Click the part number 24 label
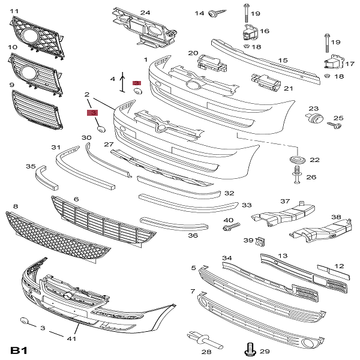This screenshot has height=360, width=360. pos(145,12)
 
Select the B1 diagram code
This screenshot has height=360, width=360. pos(19,349)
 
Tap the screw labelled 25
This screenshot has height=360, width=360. pos(334,125)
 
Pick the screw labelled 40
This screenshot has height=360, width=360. pos(233,227)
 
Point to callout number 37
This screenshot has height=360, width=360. pos(286,202)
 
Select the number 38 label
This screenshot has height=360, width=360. pos(336,217)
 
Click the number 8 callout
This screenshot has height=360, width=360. pos(16,206)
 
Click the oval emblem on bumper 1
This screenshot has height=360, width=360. pos(194,86)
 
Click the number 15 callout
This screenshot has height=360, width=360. pos(283,60)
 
